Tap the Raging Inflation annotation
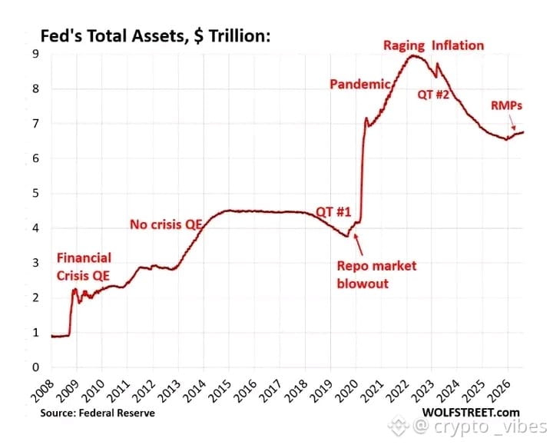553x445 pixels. [433, 45]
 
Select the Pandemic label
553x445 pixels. [359, 84]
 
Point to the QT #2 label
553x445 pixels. [433, 95]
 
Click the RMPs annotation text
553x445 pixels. [506, 105]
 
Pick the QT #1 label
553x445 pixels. [333, 211]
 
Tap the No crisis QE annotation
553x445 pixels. [166, 224]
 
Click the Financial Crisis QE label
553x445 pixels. [84, 267]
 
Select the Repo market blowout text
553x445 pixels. [376, 274]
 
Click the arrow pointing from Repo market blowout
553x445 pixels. [359, 244]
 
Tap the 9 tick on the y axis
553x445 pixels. [35, 54]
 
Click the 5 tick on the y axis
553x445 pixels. [35, 193]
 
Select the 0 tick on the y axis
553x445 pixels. [35, 367]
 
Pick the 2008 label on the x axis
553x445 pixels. [43, 391]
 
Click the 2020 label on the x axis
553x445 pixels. [347, 391]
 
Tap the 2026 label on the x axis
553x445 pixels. [499, 391]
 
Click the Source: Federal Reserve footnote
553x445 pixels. [98, 413]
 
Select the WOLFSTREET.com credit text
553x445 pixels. [471, 413]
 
